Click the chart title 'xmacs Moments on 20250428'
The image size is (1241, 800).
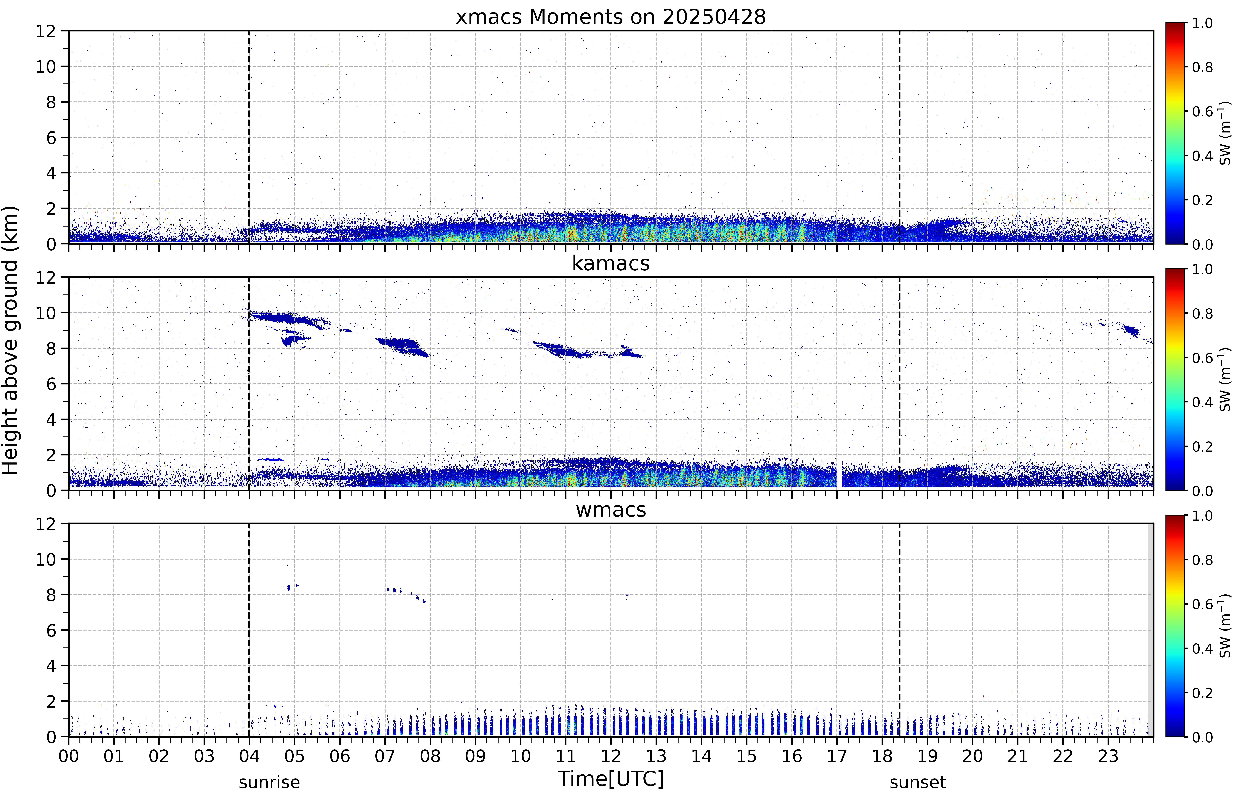pos(611,17)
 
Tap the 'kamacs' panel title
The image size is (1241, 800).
pos(611,263)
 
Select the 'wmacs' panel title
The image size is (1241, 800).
pos(611,510)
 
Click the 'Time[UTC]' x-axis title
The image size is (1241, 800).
pos(611,779)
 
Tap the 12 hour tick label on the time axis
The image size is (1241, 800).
pos(611,756)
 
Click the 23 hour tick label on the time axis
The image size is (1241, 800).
pos(1108,756)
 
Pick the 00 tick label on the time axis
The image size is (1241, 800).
pos(69,756)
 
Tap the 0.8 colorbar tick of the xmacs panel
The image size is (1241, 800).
pos(1202,67)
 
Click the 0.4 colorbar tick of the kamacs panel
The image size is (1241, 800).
pos(1202,402)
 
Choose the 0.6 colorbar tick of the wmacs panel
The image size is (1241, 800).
pos(1202,604)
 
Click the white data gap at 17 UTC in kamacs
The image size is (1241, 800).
pos(839,474)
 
